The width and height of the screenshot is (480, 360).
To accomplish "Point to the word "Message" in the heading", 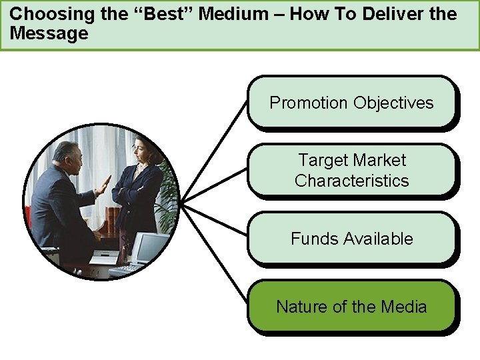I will (x=49, y=34).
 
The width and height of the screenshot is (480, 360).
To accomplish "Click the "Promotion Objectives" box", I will (x=351, y=102).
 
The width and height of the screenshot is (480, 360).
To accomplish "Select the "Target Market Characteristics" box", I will (x=351, y=170).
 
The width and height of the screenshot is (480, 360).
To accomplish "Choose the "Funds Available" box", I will (x=351, y=239).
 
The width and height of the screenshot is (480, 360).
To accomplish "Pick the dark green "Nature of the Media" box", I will (x=351, y=307).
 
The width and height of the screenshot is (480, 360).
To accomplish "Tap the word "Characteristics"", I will (x=351, y=181).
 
